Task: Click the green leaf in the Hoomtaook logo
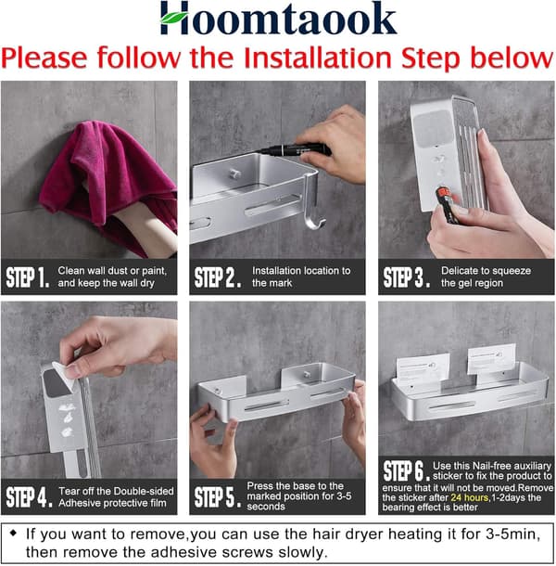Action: (174, 18)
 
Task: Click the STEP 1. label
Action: (28, 277)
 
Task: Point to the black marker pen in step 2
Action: (296, 149)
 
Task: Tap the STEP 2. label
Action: (218, 277)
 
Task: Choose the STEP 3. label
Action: (407, 277)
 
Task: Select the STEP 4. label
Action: (29, 497)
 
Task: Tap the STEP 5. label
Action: (218, 497)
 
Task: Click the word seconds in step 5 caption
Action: (266, 507)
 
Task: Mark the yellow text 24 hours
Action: (470, 497)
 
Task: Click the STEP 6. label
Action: (407, 471)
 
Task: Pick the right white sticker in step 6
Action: (492, 359)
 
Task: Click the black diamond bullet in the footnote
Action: (13, 534)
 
